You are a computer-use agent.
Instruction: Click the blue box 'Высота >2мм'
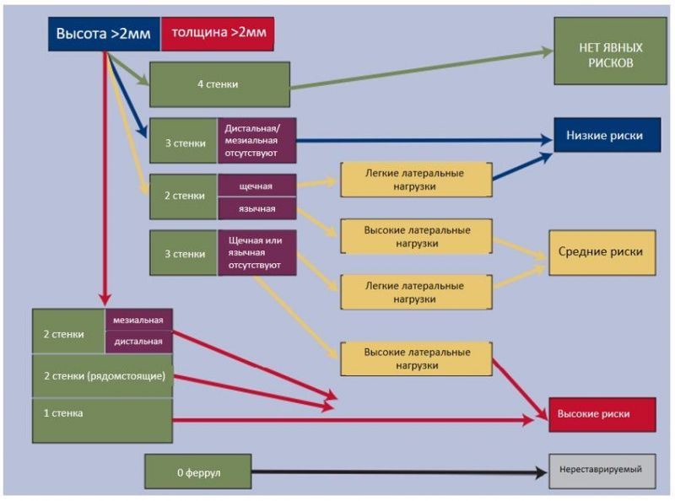pos(104,34)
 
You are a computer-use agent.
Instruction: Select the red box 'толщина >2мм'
pos(218,34)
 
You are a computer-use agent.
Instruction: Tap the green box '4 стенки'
pos(219,84)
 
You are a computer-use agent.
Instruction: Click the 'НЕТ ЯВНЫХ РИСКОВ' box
pos(610,51)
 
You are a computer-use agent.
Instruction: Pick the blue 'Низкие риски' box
pos(607,135)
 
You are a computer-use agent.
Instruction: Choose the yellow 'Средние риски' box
pos(602,252)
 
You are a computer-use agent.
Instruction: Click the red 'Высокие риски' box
pos(602,414)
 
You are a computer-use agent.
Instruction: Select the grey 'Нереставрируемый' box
pos(602,471)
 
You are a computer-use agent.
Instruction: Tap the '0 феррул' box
pos(198,471)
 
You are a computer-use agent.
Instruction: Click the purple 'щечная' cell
pos(257,186)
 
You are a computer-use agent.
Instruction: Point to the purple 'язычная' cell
pos(257,208)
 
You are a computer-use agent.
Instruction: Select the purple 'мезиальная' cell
pos(138,320)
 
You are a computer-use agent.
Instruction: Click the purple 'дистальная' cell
pos(138,342)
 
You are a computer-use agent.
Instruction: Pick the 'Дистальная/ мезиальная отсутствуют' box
pos(257,141)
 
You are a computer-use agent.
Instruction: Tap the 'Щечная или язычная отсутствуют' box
pos(257,253)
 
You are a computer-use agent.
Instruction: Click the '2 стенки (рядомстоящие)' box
pos(102,376)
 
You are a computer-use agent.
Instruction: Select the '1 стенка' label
pos(63,413)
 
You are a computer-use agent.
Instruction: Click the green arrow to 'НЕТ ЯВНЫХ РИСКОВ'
pos(422,69)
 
